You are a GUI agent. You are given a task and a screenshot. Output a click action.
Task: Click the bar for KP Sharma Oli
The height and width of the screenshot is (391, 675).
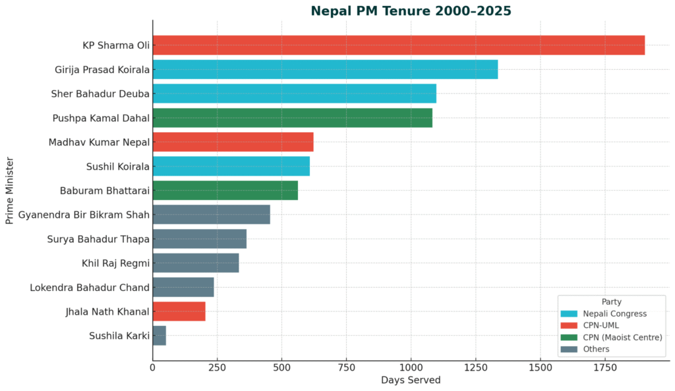[398, 45]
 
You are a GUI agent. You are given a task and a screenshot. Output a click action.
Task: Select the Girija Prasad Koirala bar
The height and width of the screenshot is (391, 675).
[325, 70]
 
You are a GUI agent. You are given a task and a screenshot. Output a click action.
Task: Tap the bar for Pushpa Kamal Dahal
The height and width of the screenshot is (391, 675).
[292, 118]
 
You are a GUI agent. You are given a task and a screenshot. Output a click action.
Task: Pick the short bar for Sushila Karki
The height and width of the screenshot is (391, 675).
[159, 336]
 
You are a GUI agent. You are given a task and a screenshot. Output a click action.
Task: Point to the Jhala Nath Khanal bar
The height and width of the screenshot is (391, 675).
[179, 311]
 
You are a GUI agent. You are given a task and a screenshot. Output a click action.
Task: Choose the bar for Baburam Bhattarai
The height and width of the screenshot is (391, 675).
[225, 190]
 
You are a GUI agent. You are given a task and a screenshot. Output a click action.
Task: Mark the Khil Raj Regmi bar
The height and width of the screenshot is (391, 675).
[195, 263]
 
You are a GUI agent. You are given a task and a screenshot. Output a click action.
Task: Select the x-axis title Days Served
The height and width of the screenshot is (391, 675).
[411, 380]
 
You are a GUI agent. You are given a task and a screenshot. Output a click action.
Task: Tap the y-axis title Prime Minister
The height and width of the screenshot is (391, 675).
[9, 190]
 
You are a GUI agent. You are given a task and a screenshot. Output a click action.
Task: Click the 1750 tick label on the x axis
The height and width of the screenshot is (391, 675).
[540, 367]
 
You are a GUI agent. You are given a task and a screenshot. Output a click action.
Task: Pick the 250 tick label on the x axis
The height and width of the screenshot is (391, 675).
[217, 367]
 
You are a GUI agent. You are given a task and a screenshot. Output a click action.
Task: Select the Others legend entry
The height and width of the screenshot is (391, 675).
[591, 349]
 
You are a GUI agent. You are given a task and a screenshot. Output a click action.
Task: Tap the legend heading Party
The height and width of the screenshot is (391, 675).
[611, 301]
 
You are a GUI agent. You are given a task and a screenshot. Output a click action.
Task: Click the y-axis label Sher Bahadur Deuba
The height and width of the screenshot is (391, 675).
[100, 93]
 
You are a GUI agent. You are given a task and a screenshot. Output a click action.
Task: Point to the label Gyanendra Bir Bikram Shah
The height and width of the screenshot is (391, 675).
[84, 215]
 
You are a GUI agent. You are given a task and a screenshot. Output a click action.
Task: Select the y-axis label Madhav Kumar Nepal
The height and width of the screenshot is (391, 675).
[99, 142]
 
